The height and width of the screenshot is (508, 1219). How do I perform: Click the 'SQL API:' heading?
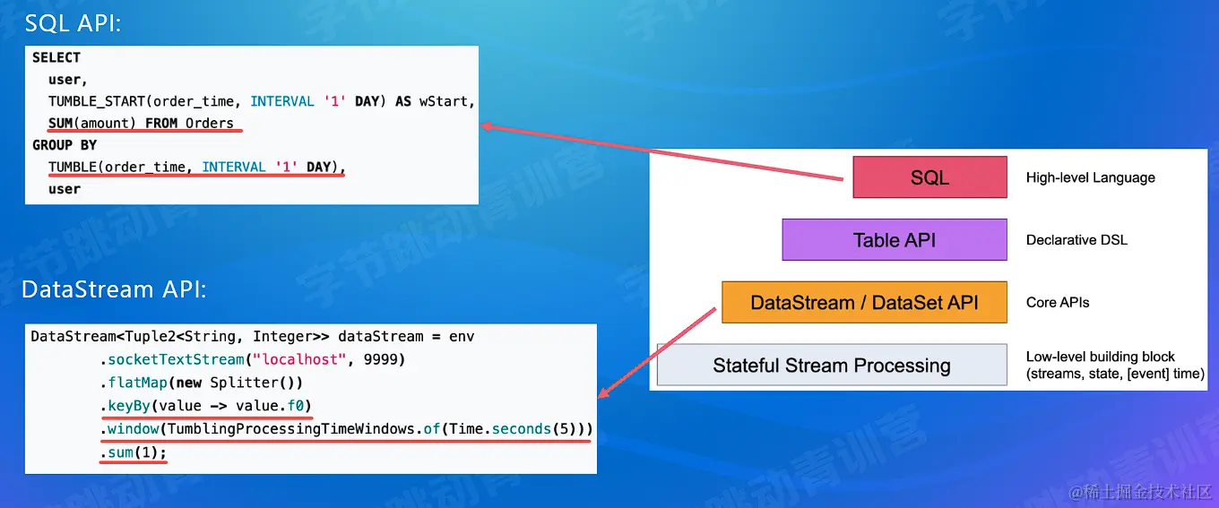73,24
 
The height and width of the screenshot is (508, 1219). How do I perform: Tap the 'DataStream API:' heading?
114,289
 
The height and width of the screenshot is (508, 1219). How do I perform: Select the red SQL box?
929,177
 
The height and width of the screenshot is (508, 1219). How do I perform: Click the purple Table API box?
894,240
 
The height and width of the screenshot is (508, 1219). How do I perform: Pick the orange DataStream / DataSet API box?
864,303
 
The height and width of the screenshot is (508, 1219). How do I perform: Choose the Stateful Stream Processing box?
831,366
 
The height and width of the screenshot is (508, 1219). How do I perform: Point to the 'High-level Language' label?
1090,177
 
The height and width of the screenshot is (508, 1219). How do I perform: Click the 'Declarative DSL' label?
1076,240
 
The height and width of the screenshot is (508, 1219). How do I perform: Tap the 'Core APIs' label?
1058,303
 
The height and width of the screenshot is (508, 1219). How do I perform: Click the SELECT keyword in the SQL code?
56,57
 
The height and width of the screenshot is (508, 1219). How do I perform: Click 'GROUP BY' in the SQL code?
65,145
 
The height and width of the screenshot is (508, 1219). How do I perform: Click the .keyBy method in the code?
125,406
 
